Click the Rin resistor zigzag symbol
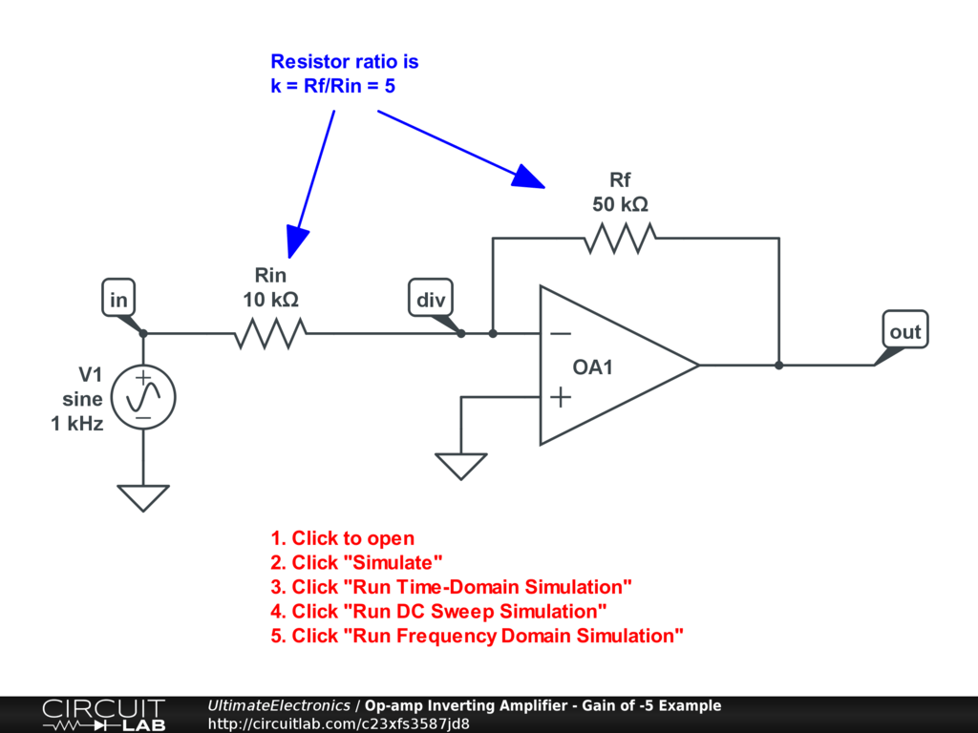(270, 333)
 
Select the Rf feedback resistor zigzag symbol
(620, 238)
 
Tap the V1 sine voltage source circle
(143, 396)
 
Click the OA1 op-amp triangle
(611, 366)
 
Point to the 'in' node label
(118, 301)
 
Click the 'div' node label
(430, 301)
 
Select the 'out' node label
(904, 331)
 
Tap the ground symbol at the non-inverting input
(461, 466)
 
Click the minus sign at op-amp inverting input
(562, 334)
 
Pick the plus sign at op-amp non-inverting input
(562, 396)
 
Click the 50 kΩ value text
(620, 204)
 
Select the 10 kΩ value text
(270, 300)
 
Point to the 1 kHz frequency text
(77, 424)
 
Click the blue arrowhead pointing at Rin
(297, 242)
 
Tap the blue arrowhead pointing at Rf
(528, 177)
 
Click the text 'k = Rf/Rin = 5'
(332, 86)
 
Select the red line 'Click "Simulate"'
(357, 562)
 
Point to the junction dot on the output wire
(779, 365)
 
